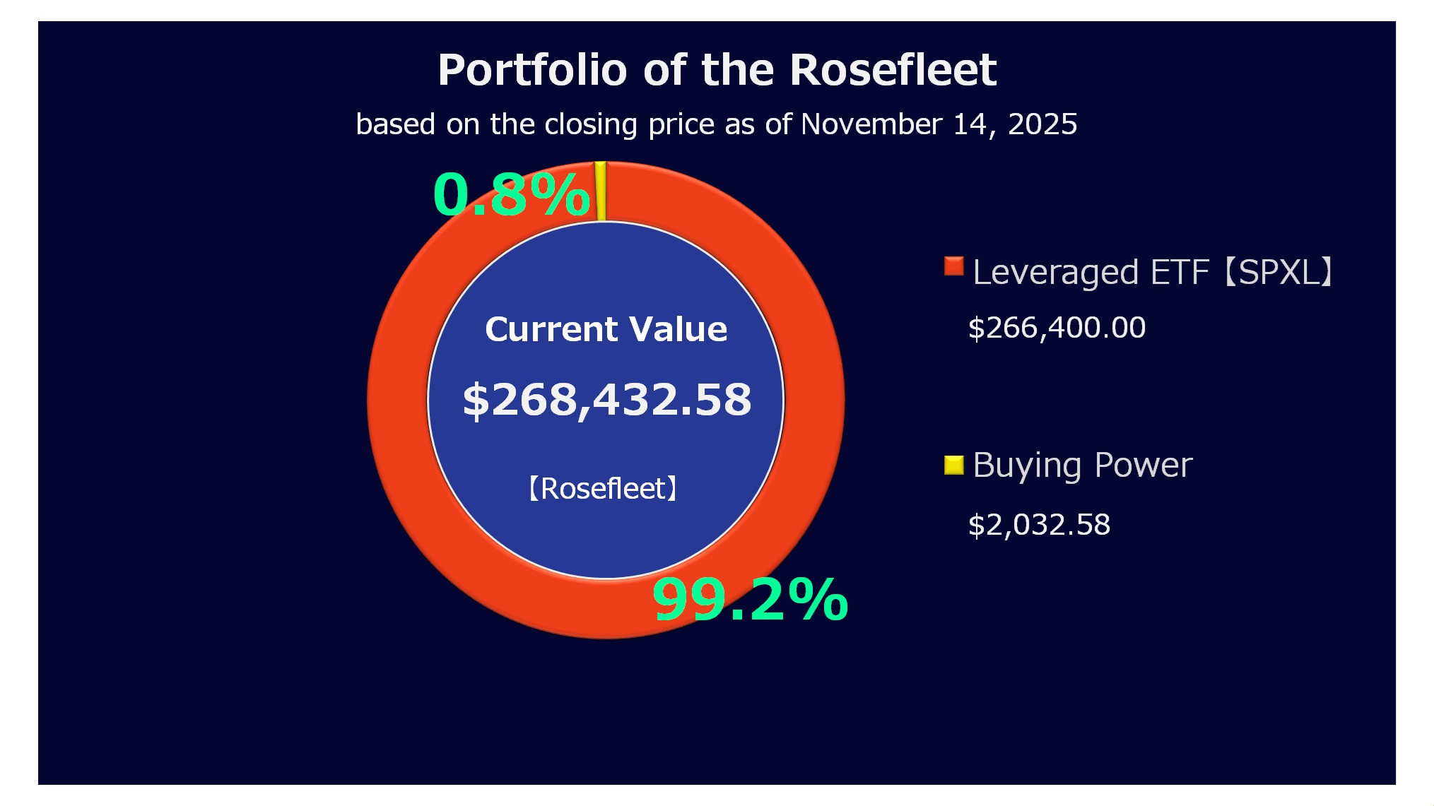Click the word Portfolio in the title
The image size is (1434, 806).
click(532, 70)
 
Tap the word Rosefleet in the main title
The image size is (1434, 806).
click(893, 70)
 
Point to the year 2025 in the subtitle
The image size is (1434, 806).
click(1042, 124)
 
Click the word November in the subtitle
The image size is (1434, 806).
click(871, 124)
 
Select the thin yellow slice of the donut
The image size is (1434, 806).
click(601, 191)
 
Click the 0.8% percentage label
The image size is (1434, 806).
click(511, 194)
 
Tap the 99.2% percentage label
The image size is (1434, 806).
click(750, 600)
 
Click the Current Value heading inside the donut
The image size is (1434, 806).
click(606, 329)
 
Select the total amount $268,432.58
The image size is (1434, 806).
click(606, 399)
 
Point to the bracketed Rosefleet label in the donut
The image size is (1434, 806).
click(603, 488)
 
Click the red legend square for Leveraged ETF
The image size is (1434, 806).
click(953, 266)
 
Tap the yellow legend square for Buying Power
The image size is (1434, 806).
click(953, 465)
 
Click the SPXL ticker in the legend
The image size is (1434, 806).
click(1279, 272)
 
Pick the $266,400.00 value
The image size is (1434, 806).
click(1057, 328)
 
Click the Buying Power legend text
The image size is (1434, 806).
click(1082, 466)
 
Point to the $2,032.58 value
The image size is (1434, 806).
click(1039, 525)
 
